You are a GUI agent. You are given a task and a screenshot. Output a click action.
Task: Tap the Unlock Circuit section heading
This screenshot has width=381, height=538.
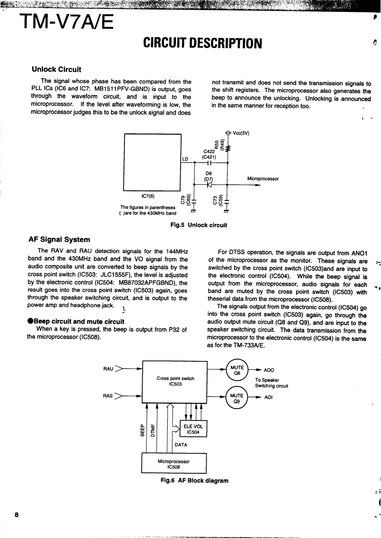(56, 70)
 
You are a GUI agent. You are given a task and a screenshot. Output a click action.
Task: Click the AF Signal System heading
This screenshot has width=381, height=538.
(59, 240)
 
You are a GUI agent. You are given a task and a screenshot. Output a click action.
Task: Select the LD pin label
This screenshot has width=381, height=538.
(185, 158)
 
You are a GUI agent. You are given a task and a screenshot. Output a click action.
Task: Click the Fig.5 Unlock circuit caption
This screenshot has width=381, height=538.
(195, 224)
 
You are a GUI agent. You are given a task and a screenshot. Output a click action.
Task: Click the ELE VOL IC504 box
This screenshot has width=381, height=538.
(192, 428)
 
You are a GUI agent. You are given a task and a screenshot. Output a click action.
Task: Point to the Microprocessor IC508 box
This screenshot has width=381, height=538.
(173, 463)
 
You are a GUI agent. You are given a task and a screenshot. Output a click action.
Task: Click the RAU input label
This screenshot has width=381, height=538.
(108, 369)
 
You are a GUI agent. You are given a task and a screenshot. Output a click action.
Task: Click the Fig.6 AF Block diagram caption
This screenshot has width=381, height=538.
(195, 480)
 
